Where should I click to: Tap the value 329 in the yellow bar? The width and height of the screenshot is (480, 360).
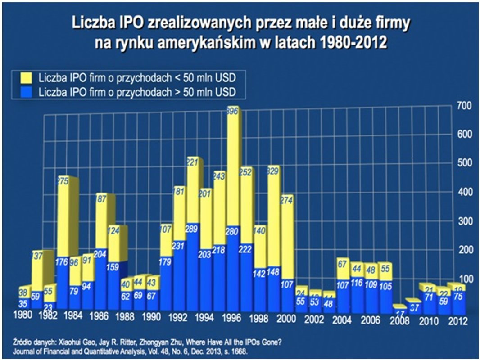click(x=272, y=171)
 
